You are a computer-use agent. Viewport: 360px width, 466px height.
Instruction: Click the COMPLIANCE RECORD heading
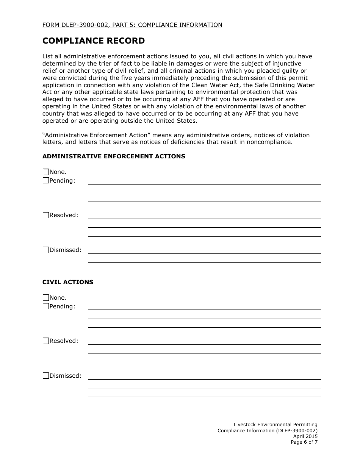tap(93, 41)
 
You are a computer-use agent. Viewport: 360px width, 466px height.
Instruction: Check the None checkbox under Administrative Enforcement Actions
tap(46, 172)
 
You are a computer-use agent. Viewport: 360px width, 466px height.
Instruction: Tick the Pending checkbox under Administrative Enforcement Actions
tap(46, 181)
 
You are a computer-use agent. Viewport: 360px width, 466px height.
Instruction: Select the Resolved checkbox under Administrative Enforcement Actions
tap(46, 215)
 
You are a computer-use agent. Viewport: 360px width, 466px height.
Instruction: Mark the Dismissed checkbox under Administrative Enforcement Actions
tap(46, 250)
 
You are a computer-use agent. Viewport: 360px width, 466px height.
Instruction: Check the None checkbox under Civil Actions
tap(46, 298)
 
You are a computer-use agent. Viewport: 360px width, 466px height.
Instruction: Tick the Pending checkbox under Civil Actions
tap(46, 306)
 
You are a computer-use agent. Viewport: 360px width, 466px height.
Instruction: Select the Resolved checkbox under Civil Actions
tap(46, 341)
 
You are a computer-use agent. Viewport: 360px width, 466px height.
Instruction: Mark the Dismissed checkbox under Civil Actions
tap(46, 376)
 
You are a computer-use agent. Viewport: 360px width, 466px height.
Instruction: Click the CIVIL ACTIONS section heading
tap(68, 282)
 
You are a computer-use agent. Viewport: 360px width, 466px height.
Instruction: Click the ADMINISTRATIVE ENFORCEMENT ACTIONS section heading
tap(114, 156)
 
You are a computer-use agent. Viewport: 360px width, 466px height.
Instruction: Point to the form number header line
tap(132, 25)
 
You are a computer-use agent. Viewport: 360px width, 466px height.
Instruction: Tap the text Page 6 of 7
tap(304, 442)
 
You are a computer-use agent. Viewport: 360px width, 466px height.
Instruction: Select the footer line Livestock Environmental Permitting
tap(275, 425)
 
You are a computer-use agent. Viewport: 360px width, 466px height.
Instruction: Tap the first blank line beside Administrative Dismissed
tap(204, 253)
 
